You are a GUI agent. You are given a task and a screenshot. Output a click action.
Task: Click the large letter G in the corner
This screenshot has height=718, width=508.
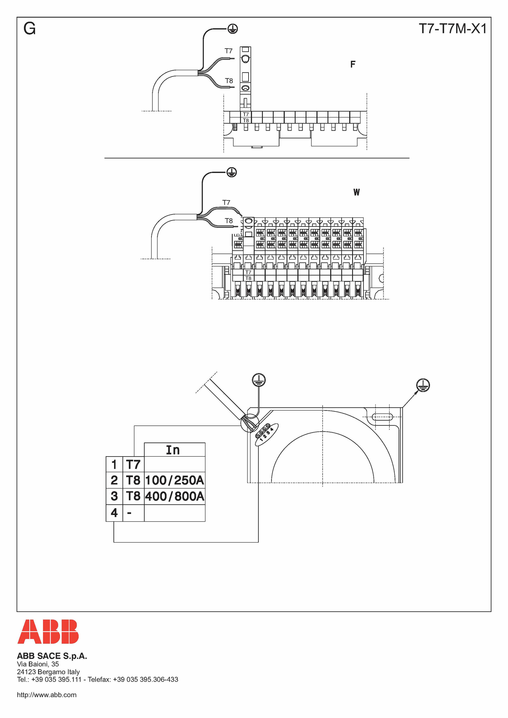[x=30, y=29]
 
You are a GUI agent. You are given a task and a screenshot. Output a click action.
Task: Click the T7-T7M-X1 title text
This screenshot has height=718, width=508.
[x=453, y=29]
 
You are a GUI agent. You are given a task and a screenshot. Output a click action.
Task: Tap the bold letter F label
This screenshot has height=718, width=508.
[x=353, y=64]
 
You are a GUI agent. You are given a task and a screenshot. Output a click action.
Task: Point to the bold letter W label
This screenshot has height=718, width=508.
[x=357, y=192]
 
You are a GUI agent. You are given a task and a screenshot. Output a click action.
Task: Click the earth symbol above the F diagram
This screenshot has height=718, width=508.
[x=233, y=29]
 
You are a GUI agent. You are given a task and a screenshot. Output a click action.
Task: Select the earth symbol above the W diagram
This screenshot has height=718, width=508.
[x=232, y=173]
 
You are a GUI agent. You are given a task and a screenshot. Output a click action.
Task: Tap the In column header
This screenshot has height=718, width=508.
[x=173, y=450]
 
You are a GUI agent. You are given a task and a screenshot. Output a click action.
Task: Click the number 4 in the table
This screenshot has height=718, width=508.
[x=114, y=512]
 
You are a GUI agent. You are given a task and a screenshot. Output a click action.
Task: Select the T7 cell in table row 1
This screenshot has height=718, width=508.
[x=133, y=464]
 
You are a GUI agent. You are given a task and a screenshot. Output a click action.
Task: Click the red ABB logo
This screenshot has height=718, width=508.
[x=48, y=631]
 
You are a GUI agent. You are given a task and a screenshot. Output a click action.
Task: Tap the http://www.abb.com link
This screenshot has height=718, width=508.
[x=47, y=695]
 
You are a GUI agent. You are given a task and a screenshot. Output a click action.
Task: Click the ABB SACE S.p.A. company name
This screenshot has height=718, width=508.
[x=52, y=656]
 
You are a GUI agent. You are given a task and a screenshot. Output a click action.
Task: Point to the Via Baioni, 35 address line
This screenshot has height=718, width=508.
[x=38, y=664]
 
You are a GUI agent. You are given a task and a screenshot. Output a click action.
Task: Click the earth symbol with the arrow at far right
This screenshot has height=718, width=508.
[x=423, y=385]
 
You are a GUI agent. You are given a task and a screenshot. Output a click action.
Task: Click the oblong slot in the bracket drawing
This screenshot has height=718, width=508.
[x=382, y=417]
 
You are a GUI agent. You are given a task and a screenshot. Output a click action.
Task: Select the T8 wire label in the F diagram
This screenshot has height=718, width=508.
[x=229, y=81]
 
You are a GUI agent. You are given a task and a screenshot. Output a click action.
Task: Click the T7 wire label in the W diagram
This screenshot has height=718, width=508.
[x=226, y=202]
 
